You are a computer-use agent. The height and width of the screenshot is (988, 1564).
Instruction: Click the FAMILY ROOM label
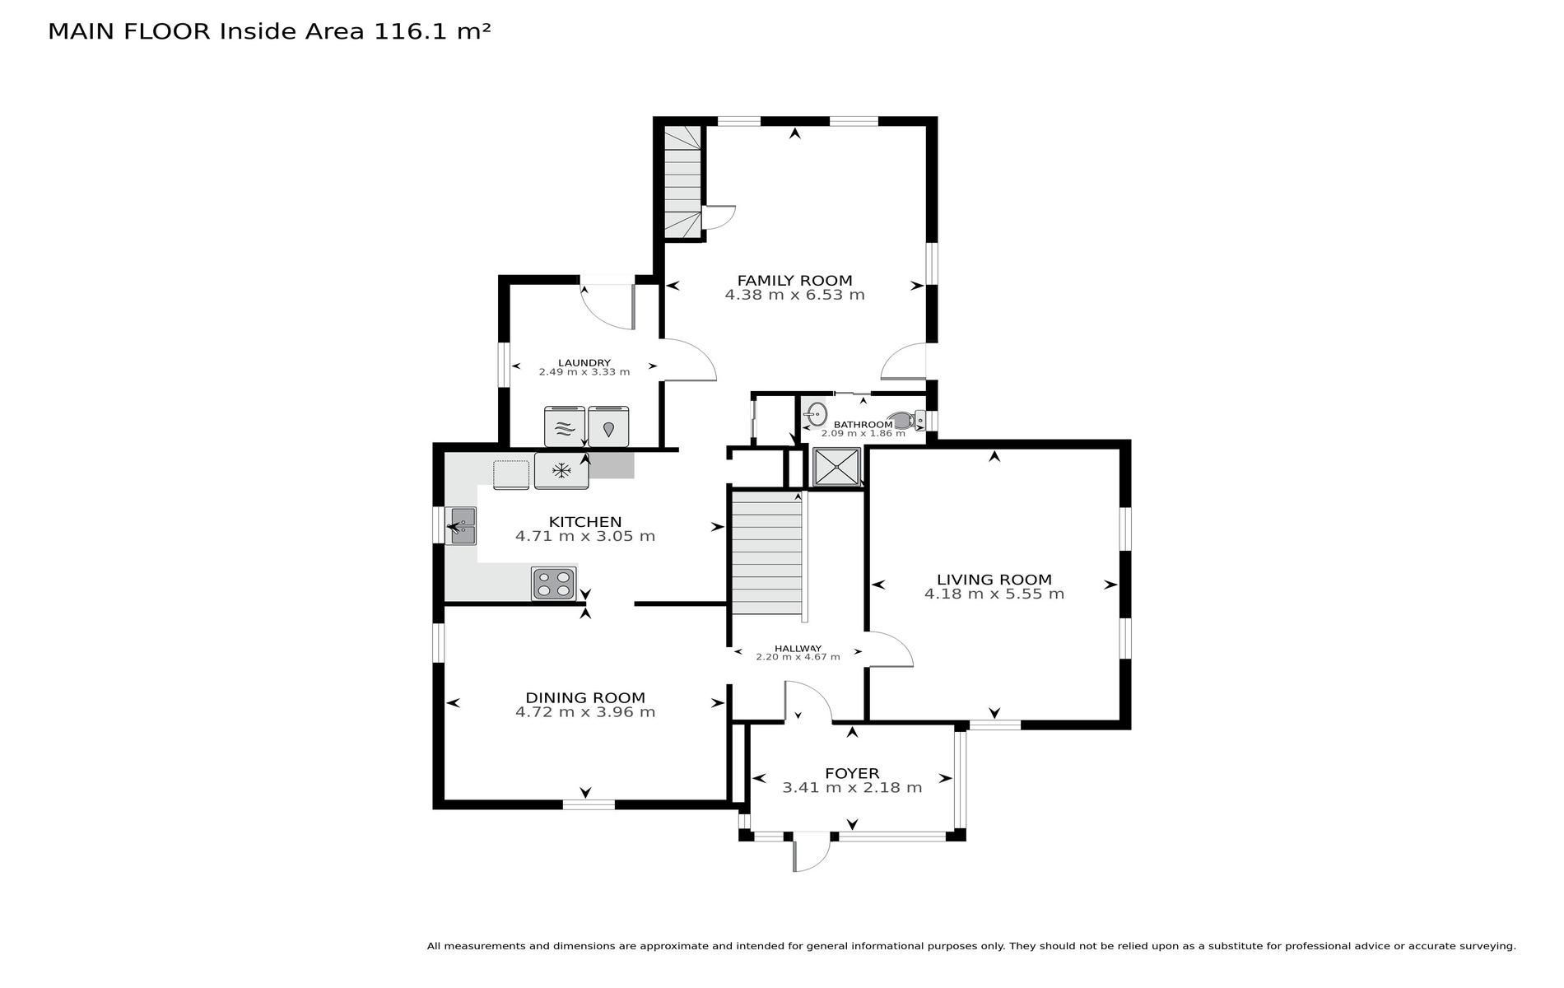point(794,281)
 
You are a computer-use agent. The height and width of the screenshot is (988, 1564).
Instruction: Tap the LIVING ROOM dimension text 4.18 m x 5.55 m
point(994,594)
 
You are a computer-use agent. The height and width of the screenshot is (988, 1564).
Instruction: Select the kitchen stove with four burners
point(553,584)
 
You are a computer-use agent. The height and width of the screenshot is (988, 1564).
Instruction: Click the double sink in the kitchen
point(461,526)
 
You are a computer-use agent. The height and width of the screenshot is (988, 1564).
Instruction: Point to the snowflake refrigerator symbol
point(561,471)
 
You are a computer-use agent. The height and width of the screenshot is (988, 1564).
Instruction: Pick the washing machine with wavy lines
point(564,427)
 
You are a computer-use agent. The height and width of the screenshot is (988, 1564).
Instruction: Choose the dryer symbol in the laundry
point(608,427)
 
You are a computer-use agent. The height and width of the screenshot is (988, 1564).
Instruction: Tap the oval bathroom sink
point(816,415)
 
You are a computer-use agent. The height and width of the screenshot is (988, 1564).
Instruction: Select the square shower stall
point(836,468)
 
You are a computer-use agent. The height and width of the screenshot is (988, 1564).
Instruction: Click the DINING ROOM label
point(585,698)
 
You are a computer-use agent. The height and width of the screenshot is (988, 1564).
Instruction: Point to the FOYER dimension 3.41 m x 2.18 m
point(852,788)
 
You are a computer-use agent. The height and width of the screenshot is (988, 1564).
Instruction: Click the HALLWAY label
point(798,648)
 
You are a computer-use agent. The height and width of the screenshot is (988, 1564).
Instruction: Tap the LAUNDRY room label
point(584,363)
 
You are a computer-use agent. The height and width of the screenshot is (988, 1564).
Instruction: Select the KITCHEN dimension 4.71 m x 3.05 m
point(585,536)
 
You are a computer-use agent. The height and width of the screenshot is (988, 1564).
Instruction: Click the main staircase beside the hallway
point(766,552)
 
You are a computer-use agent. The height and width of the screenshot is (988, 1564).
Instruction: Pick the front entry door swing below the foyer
point(812,852)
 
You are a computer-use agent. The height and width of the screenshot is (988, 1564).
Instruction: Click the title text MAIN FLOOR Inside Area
point(207,31)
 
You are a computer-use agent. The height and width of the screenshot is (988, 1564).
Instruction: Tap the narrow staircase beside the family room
point(683,181)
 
